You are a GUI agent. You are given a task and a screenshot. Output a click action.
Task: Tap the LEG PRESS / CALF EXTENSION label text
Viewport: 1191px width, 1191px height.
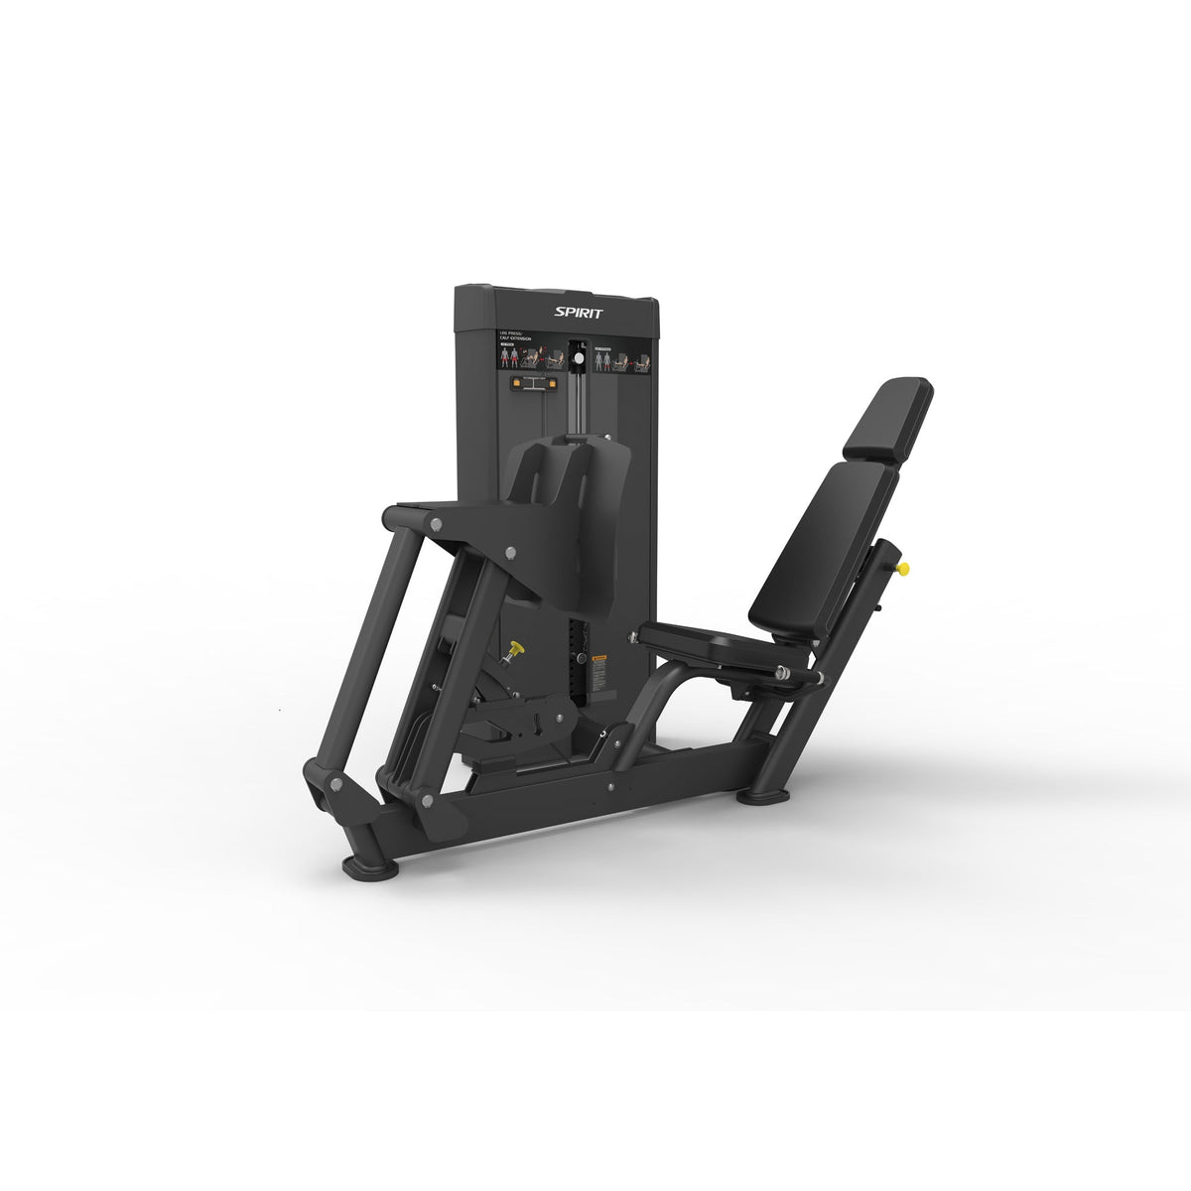[516, 338]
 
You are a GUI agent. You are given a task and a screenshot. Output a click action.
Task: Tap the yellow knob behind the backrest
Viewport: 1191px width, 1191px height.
[903, 569]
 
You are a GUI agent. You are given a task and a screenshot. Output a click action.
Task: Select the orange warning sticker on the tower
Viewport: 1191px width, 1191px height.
[598, 660]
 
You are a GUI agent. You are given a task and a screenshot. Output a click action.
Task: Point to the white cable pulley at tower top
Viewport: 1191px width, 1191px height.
[574, 357]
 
